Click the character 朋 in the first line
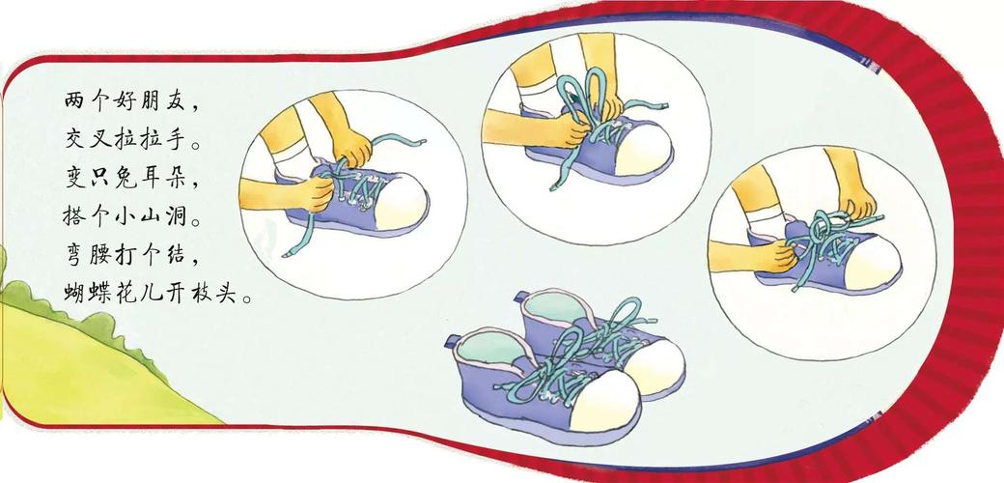pyautogui.click(x=153, y=101)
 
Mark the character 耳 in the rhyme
pyautogui.click(x=153, y=181)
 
